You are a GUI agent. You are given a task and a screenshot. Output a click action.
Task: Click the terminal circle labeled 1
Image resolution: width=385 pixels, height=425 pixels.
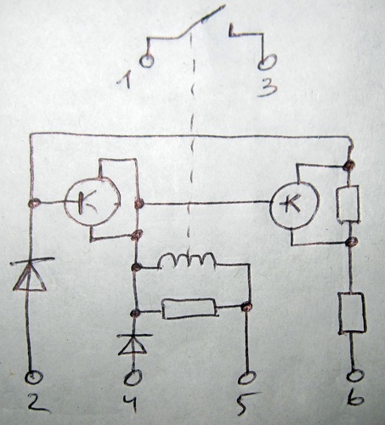147,61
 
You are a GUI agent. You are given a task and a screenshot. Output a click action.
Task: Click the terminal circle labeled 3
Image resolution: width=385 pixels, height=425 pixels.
267,62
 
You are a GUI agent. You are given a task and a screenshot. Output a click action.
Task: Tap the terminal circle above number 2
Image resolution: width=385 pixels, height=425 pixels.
34,377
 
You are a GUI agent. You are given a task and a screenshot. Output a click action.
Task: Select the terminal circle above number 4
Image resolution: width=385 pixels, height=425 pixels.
133,377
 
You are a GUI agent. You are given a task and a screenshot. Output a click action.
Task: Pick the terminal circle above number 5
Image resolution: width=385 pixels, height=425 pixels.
246,378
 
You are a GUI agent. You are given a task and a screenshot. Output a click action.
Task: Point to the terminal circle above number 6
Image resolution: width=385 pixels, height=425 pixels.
355,377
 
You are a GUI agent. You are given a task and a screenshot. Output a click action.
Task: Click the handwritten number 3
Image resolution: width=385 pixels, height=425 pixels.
268,87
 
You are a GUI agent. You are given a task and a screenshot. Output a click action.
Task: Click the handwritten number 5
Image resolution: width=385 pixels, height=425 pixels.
247,404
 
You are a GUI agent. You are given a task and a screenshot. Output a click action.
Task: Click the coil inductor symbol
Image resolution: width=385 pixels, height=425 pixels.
187,260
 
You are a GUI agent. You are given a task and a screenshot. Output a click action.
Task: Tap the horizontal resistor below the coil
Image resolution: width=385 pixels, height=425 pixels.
190,309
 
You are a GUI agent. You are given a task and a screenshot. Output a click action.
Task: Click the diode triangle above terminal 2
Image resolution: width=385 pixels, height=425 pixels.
30,277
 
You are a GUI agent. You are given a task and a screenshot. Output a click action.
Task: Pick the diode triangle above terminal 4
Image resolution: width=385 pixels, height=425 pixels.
133,344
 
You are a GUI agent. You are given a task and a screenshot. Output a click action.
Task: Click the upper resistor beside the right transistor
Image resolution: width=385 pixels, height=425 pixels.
348,204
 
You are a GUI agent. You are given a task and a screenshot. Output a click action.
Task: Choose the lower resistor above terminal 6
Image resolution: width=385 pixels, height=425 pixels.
352,312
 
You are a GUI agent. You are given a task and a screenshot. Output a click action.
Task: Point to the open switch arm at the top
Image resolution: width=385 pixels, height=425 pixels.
201,21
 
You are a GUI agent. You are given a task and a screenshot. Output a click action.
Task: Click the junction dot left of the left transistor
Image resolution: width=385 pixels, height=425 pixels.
34,203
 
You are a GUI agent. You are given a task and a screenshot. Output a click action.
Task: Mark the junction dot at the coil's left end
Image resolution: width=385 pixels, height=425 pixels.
137,267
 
